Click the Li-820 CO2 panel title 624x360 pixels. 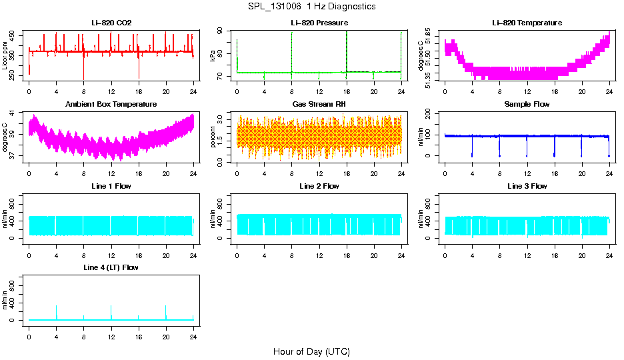(x=111, y=23)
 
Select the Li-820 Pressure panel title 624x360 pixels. (x=319, y=23)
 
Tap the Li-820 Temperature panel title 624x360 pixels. (x=527, y=23)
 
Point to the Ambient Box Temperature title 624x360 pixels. (x=111, y=104)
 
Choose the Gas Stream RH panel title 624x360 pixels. (x=319, y=104)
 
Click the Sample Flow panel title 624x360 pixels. (x=527, y=104)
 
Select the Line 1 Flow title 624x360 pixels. (x=111, y=186)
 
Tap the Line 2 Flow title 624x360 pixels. (x=319, y=186)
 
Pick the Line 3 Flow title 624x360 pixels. (x=527, y=186)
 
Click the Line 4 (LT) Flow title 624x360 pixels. (x=111, y=267)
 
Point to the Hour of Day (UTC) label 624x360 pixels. (x=311, y=351)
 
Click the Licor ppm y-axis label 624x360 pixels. (x=5, y=56)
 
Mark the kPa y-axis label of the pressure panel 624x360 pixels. (x=213, y=56)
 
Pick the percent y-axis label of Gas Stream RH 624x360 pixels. (x=213, y=138)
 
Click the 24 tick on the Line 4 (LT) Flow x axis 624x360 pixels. (x=193, y=331)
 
